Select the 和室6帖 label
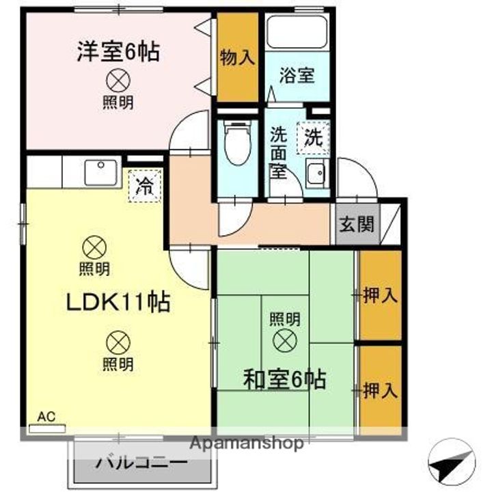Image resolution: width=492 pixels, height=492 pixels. point(284,377)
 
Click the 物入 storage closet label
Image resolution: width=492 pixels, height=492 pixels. point(237,58)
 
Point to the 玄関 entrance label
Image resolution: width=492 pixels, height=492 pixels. point(357,224)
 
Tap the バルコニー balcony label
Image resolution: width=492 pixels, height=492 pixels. point(141,463)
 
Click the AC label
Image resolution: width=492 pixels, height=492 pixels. point(46,416)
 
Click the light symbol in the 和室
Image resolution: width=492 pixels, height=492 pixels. point(284,338)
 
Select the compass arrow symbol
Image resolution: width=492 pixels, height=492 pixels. point(452,465)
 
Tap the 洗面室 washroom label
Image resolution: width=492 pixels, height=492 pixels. point(278,152)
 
